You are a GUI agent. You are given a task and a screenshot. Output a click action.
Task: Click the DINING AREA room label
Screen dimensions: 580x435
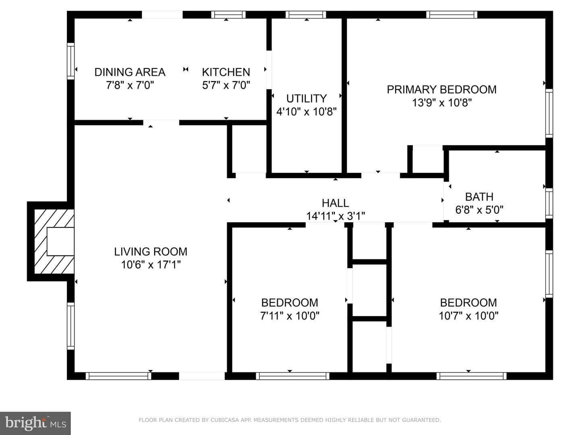point(130,72)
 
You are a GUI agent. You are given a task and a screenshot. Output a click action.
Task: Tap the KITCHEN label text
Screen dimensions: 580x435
point(226,72)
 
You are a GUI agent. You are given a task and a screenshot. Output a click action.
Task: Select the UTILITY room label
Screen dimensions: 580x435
point(307,99)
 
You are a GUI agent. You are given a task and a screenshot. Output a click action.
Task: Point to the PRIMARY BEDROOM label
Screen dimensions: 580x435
point(441,89)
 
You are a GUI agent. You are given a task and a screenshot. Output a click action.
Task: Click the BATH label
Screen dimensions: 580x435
point(479,197)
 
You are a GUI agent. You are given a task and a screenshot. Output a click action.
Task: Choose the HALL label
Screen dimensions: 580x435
point(336,203)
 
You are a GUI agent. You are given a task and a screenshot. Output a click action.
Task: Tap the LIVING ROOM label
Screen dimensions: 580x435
point(151,251)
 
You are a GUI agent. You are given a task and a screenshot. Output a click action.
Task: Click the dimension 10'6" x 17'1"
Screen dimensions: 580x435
point(151,264)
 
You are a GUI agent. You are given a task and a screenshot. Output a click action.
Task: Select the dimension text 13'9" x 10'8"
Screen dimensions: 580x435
point(442,102)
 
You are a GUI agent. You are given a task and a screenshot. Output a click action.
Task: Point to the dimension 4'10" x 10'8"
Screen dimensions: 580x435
point(307,112)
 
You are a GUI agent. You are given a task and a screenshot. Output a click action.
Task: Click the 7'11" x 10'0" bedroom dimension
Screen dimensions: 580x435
point(290,316)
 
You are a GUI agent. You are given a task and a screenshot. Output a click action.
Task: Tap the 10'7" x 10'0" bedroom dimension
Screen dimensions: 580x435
point(468,316)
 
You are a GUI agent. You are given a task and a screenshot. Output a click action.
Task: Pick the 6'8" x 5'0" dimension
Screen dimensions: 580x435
point(479,210)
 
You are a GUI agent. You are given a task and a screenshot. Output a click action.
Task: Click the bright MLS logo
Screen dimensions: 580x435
point(35,423)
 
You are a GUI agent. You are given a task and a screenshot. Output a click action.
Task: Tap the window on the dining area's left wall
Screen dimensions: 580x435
point(70,61)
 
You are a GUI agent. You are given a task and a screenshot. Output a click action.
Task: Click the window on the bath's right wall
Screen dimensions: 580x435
point(549,203)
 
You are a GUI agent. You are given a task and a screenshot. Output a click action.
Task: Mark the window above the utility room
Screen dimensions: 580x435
point(306,14)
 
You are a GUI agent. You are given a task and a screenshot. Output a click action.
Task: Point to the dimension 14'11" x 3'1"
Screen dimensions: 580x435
point(336,216)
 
